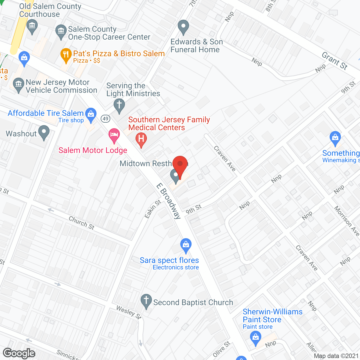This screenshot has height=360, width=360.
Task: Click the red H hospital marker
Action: pyautogui.click(x=141, y=139)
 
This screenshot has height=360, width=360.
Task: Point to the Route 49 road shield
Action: pyautogui.click(x=105, y=118)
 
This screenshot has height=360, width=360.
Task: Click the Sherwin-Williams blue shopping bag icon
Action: pyautogui.click(x=255, y=337)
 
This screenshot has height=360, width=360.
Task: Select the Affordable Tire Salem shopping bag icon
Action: pyautogui.click(x=91, y=114)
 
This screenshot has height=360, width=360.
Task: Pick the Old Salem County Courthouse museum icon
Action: pyautogui.click(x=32, y=26)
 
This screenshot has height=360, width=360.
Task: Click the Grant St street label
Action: pyautogui.click(x=335, y=61)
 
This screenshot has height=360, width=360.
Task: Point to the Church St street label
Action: pyautogui.click(x=82, y=223)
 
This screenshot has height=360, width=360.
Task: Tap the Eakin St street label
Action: pyautogui.click(x=153, y=209)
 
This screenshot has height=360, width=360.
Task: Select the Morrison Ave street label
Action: pyautogui.click(x=346, y=221)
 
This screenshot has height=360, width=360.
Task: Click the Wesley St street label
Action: pyautogui.click(x=129, y=312)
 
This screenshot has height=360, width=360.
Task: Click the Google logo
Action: pyautogui.click(x=19, y=353)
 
